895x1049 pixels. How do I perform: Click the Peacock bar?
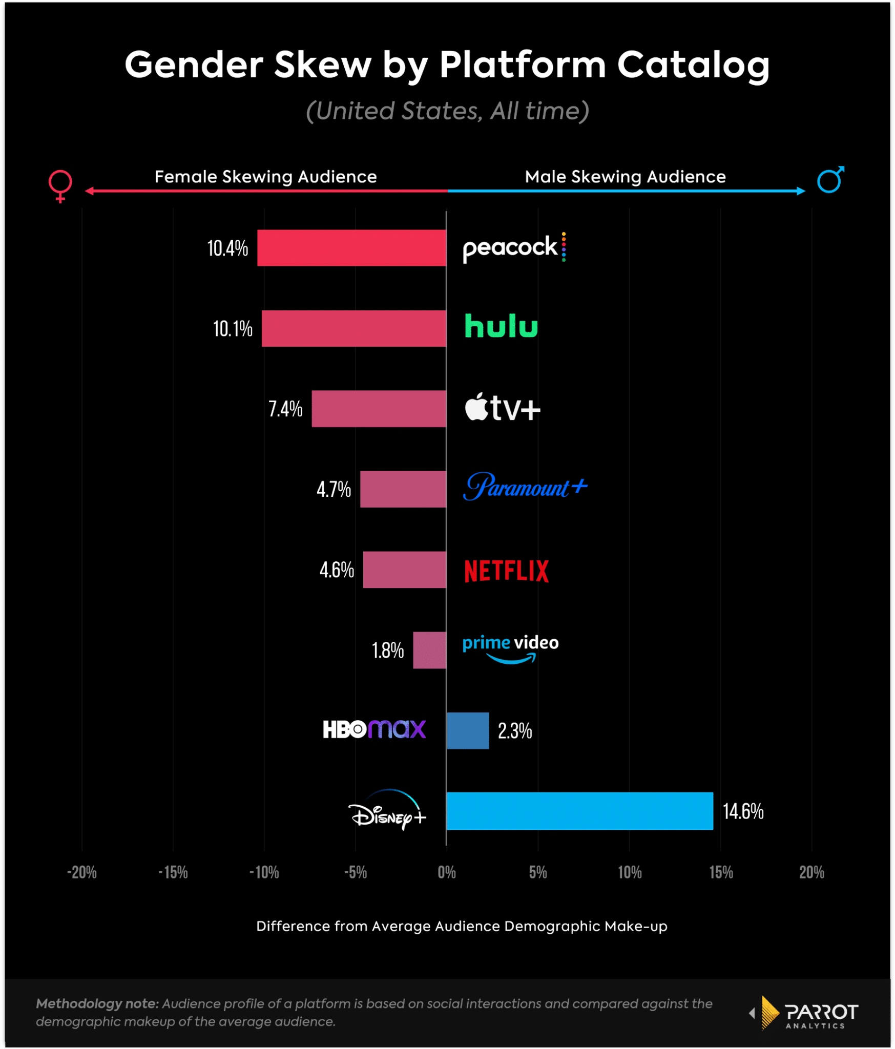351,248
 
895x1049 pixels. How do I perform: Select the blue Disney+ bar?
579,811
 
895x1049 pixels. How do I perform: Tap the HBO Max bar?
468,730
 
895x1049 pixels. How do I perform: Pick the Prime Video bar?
429,650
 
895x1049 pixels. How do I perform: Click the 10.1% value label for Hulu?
233,329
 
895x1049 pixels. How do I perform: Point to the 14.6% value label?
743,811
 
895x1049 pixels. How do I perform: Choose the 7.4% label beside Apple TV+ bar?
285,409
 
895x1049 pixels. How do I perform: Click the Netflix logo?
506,571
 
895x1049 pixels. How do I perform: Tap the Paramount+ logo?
525,487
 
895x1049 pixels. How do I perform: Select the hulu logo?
501,326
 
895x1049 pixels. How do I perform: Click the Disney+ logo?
388,811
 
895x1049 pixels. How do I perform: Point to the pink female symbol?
60,185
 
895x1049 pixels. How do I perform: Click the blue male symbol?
830,179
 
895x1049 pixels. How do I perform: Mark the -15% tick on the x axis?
173,872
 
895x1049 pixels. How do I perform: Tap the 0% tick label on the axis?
447,872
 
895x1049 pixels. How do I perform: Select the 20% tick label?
811,872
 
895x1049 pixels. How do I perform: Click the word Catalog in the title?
693,66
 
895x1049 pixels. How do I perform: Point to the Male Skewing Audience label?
625,177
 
